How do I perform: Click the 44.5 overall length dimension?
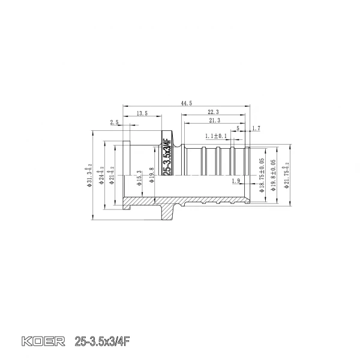(x=186, y=103)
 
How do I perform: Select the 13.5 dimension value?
(x=142, y=113)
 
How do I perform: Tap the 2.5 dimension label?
(x=114, y=122)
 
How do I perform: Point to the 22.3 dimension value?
(x=213, y=113)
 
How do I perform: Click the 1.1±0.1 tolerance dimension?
(x=216, y=136)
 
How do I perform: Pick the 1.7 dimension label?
(x=256, y=128)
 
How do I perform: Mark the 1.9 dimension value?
(x=235, y=181)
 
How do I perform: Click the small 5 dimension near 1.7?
(x=238, y=128)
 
